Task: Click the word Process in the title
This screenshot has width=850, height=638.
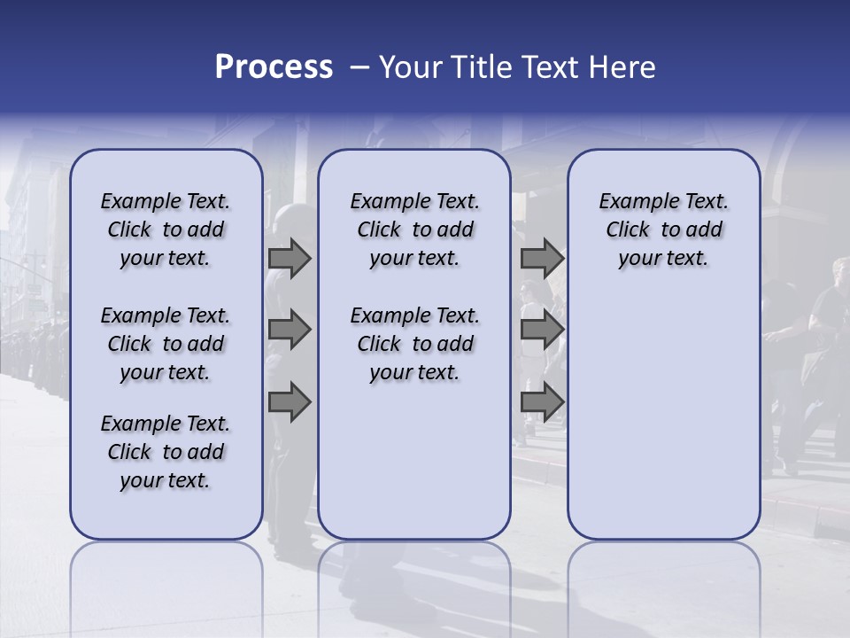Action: pyautogui.click(x=274, y=67)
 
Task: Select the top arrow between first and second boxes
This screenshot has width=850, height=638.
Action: pyautogui.click(x=290, y=259)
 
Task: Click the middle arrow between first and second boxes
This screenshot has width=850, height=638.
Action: pyautogui.click(x=290, y=330)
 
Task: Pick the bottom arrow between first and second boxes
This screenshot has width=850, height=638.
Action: pyautogui.click(x=290, y=401)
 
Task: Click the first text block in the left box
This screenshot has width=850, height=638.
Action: pyautogui.click(x=166, y=230)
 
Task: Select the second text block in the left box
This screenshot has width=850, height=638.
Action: pyautogui.click(x=166, y=344)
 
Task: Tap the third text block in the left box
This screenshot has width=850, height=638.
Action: pyautogui.click(x=166, y=452)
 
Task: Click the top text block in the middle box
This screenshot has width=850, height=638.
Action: pyautogui.click(x=414, y=230)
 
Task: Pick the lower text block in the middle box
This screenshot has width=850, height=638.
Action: pyautogui.click(x=414, y=344)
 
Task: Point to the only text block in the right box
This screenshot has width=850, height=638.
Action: pyautogui.click(x=663, y=230)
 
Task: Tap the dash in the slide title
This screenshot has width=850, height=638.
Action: pyautogui.click(x=359, y=67)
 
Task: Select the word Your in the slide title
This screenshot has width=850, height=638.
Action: pyautogui.click(x=410, y=67)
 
